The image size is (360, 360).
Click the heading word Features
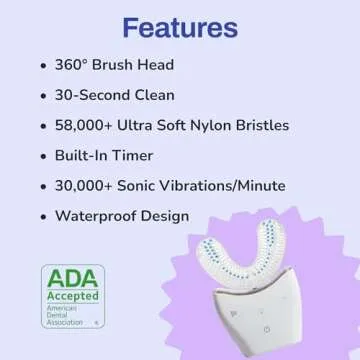tap(179, 25)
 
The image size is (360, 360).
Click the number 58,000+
tap(93, 125)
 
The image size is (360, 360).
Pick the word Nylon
tap(217, 125)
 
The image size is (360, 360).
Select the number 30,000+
tap(93, 186)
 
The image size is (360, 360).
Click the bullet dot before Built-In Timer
tap(41, 157)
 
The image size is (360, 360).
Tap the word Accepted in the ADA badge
tap(71, 296)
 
